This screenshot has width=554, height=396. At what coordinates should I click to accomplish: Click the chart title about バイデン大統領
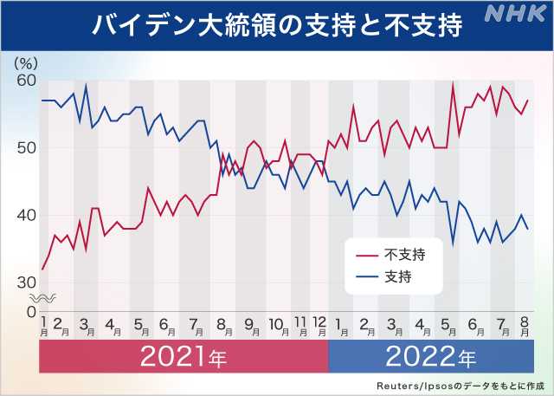277,23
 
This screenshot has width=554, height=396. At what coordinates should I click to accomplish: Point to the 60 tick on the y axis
25,81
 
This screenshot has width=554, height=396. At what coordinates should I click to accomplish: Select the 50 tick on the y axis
25,147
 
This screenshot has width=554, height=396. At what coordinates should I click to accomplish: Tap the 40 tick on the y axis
25,215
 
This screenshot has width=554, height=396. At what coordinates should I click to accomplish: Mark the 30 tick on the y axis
25,282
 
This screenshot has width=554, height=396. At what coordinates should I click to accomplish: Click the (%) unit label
27,63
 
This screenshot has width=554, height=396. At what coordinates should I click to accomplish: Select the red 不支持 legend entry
395,254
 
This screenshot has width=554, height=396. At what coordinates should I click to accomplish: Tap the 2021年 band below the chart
184,356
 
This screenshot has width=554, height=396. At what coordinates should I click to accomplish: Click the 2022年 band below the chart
430,356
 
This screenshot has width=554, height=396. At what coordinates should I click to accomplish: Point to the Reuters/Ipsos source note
459,385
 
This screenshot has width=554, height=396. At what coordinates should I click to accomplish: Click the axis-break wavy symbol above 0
47,297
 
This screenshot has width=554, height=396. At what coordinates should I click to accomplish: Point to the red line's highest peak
453,83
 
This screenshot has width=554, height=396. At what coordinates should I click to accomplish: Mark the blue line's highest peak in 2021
86,85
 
